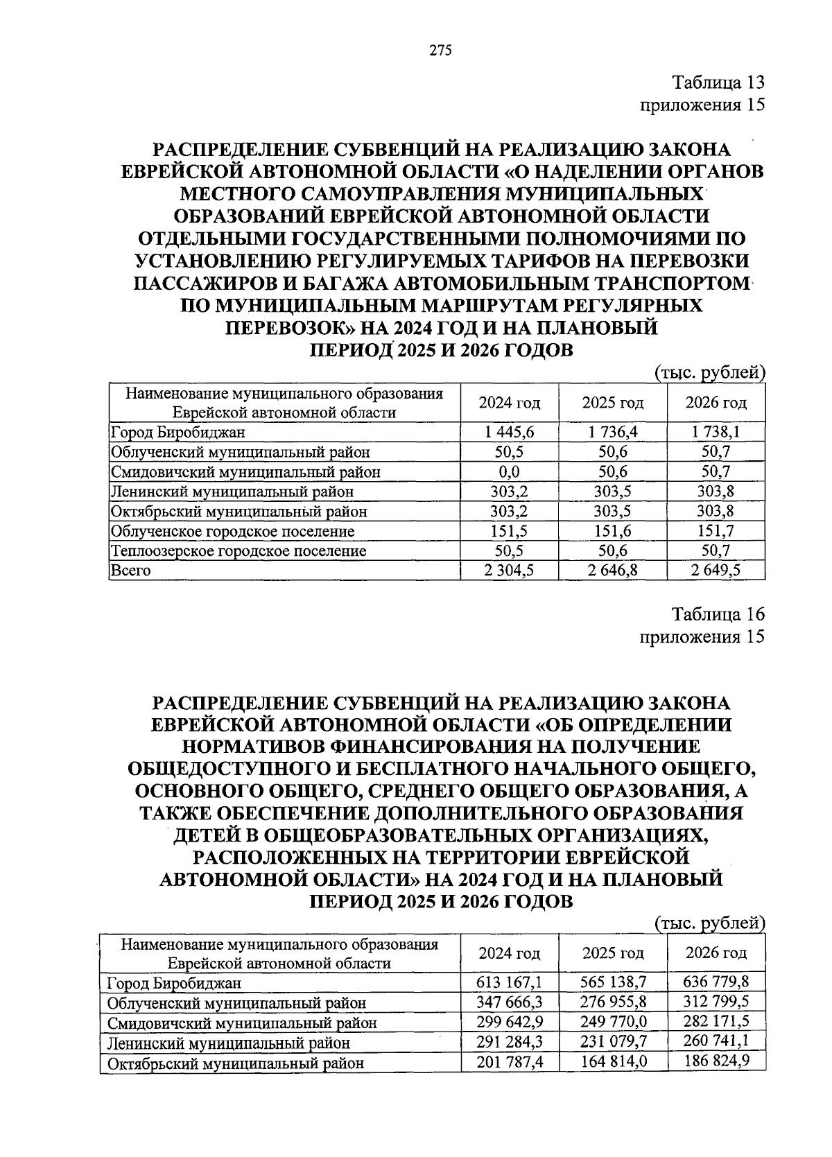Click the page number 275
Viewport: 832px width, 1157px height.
coord(440,50)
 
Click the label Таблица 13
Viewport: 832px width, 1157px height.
coord(719,82)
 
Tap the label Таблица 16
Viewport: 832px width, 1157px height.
coord(719,614)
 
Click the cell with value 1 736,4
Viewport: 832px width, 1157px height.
coord(613,433)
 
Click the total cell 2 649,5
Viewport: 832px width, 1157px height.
coord(716,571)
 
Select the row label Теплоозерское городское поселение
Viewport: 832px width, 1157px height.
coord(239,551)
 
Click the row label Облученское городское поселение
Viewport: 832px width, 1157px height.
coord(233,532)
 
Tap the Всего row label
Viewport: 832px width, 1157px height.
coord(130,571)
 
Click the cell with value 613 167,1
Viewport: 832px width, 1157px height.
coord(510,982)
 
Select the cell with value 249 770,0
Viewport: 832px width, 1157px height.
coord(613,1022)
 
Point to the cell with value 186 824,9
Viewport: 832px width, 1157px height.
coord(716,1061)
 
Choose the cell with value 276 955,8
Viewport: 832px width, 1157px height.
coord(613,1002)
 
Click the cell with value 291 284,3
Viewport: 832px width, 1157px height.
coord(510,1042)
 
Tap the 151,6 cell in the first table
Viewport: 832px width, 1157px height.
coord(613,532)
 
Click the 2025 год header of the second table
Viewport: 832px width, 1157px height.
coord(613,953)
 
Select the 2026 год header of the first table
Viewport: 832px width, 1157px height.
coord(716,403)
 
